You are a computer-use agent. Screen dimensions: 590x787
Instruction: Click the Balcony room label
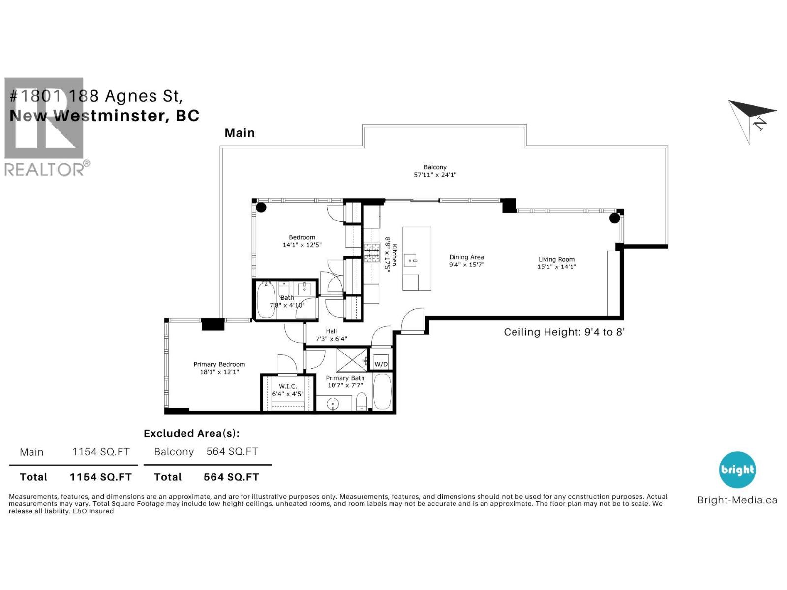(435, 167)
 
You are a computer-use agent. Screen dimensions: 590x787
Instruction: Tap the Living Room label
(556, 259)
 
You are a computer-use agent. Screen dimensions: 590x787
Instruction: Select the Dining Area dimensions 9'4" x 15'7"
(466, 265)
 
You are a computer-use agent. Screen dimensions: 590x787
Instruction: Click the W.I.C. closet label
(288, 386)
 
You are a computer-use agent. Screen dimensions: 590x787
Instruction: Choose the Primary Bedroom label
(219, 364)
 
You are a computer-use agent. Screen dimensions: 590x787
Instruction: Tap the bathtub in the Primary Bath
(382, 392)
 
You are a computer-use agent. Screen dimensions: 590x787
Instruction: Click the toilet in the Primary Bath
(362, 400)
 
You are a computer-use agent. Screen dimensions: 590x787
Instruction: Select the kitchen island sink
(410, 259)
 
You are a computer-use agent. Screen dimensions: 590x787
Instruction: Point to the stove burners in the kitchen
(371, 253)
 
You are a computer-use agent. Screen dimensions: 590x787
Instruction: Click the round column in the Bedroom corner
(261, 207)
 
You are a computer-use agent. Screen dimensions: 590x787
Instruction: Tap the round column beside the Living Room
(614, 218)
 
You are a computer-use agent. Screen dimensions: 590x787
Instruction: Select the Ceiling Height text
(564, 332)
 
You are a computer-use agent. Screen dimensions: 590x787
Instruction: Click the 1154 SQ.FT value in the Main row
(101, 452)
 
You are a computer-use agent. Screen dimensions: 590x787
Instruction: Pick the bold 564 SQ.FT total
(231, 477)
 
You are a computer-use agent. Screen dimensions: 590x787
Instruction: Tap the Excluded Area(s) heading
(191, 433)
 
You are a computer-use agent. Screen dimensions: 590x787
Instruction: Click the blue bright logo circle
(737, 470)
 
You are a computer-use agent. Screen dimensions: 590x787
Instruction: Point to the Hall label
(331, 331)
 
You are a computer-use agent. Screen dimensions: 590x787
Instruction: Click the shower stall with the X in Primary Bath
(352, 359)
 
